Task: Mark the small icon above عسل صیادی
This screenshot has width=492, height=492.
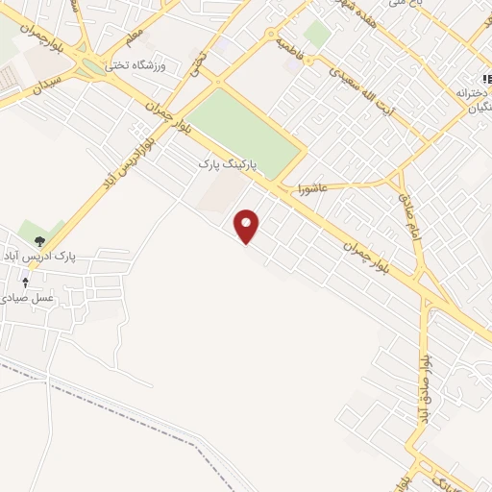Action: tap(26, 282)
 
